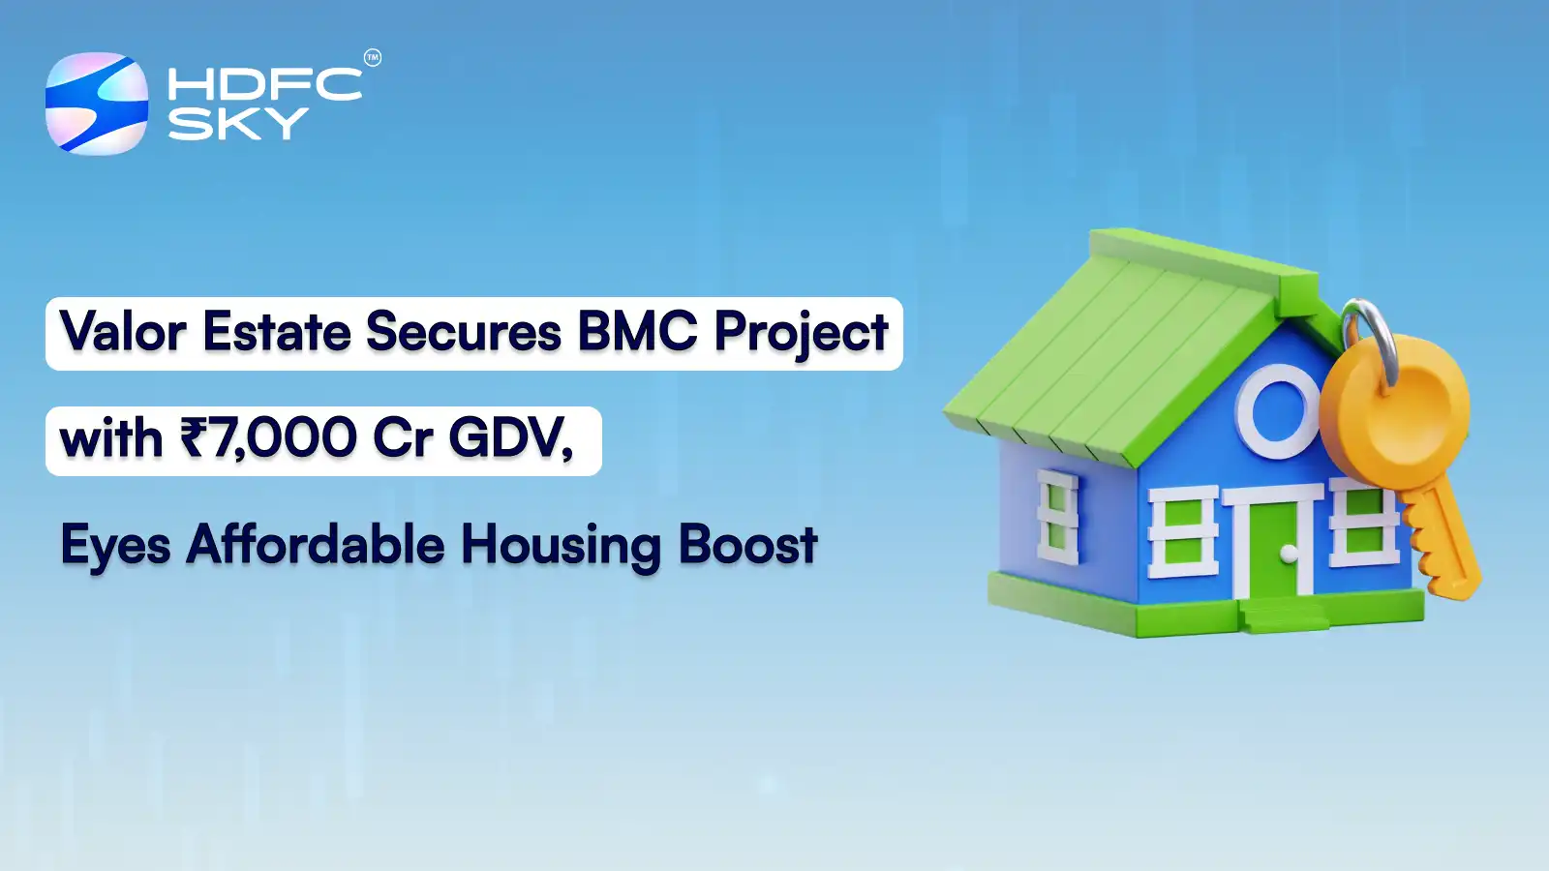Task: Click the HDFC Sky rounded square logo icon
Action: pos(97,104)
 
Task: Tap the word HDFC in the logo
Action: pos(264,84)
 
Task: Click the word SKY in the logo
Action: pos(238,124)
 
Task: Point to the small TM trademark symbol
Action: pos(373,58)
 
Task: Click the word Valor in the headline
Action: pos(123,332)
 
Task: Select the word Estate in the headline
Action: pos(276,332)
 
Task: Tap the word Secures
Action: pos(464,332)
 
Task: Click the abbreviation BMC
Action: pos(637,332)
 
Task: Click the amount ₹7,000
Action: pos(268,438)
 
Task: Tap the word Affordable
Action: pos(316,544)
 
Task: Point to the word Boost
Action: pos(747,544)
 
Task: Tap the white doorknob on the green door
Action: pos(1289,554)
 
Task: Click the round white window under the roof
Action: pos(1278,410)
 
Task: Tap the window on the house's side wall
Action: pos(1057,517)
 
